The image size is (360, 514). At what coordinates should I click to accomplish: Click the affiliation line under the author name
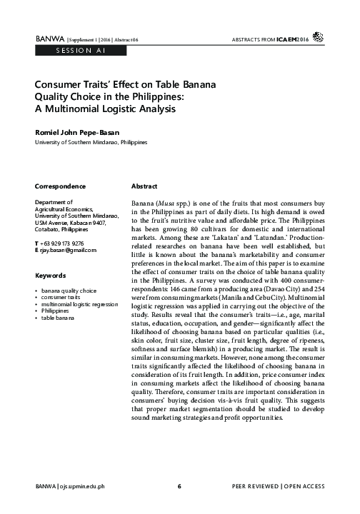(x=91, y=143)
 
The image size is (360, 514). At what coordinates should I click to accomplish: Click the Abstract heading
(x=146, y=186)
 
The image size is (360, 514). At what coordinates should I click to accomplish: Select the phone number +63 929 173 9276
(x=72, y=245)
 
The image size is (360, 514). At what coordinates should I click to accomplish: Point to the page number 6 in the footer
(x=179, y=487)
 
